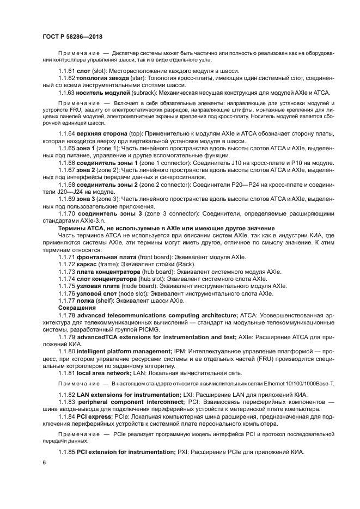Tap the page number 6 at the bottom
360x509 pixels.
44,462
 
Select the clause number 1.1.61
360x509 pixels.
68,71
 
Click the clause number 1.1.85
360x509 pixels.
68,451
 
